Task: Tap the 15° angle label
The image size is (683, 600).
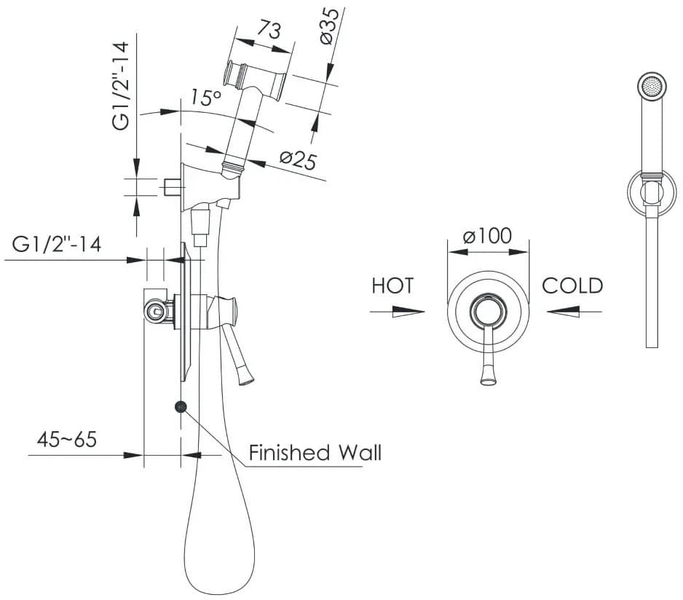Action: [x=206, y=97]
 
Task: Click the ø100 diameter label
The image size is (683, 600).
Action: [x=487, y=236]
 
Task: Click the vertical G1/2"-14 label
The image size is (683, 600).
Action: [x=122, y=87]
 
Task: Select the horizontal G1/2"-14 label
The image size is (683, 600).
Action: [x=57, y=244]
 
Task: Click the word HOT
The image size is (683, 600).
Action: [x=392, y=285]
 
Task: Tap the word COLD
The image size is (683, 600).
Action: [x=572, y=285]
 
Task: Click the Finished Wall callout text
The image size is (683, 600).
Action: [x=315, y=453]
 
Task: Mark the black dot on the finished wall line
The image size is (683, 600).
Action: [x=180, y=407]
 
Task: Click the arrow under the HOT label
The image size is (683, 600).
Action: [x=398, y=312]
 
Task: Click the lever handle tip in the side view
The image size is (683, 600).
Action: [x=246, y=376]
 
